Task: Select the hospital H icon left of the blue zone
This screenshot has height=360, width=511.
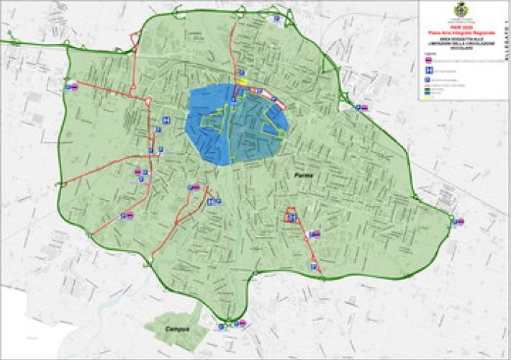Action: point(166,120)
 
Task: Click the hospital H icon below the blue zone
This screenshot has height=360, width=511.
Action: point(210,203)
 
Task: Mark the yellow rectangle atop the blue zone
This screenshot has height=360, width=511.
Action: point(244,82)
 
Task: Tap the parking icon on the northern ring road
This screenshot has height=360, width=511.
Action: point(276,21)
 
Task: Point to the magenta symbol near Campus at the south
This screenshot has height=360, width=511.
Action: point(243,323)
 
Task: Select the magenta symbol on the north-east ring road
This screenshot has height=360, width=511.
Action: point(363,108)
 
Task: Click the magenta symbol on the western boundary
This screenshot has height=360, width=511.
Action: point(72,86)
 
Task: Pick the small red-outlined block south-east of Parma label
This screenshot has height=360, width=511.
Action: point(291,215)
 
